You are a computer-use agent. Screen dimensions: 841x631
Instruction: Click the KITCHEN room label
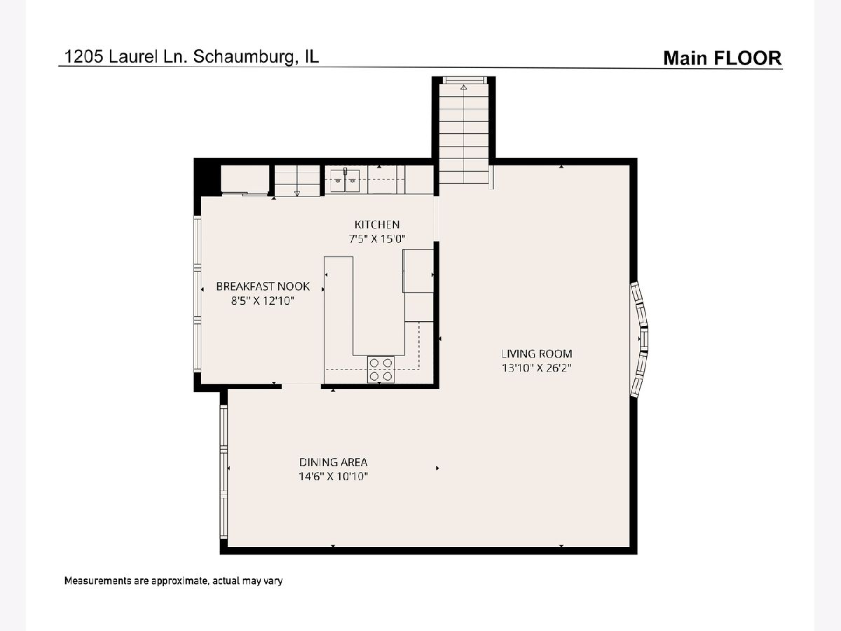coord(377,224)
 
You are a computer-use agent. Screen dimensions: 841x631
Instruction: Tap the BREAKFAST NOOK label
coord(263,286)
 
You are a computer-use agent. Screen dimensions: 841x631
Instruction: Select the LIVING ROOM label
coord(537,353)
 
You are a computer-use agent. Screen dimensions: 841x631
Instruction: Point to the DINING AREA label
coord(334,462)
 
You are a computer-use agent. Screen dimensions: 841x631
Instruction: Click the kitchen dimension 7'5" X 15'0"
coord(377,238)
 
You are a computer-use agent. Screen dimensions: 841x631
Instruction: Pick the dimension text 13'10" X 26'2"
coord(537,368)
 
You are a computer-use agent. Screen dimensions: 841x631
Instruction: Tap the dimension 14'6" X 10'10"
coord(334,477)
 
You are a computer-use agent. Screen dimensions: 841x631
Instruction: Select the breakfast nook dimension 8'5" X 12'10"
coord(263,301)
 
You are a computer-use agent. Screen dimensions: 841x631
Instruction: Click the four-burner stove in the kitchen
coord(381,369)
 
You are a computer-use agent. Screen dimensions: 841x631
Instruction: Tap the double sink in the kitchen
coord(345,180)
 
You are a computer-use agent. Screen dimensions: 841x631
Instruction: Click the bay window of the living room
coord(639,340)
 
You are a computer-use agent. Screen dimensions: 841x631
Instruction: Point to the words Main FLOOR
coord(723,58)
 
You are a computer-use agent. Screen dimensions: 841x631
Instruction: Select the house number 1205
coord(83,57)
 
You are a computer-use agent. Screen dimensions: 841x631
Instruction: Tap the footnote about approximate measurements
coord(174,581)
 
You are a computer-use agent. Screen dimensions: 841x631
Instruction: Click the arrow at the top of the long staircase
coord(464,88)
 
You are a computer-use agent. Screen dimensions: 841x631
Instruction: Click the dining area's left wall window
coord(224,472)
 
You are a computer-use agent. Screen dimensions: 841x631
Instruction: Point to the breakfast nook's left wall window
coord(198,294)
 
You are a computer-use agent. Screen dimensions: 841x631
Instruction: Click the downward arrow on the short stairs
coord(297,194)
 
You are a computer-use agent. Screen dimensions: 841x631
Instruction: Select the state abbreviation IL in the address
coord(311,57)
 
